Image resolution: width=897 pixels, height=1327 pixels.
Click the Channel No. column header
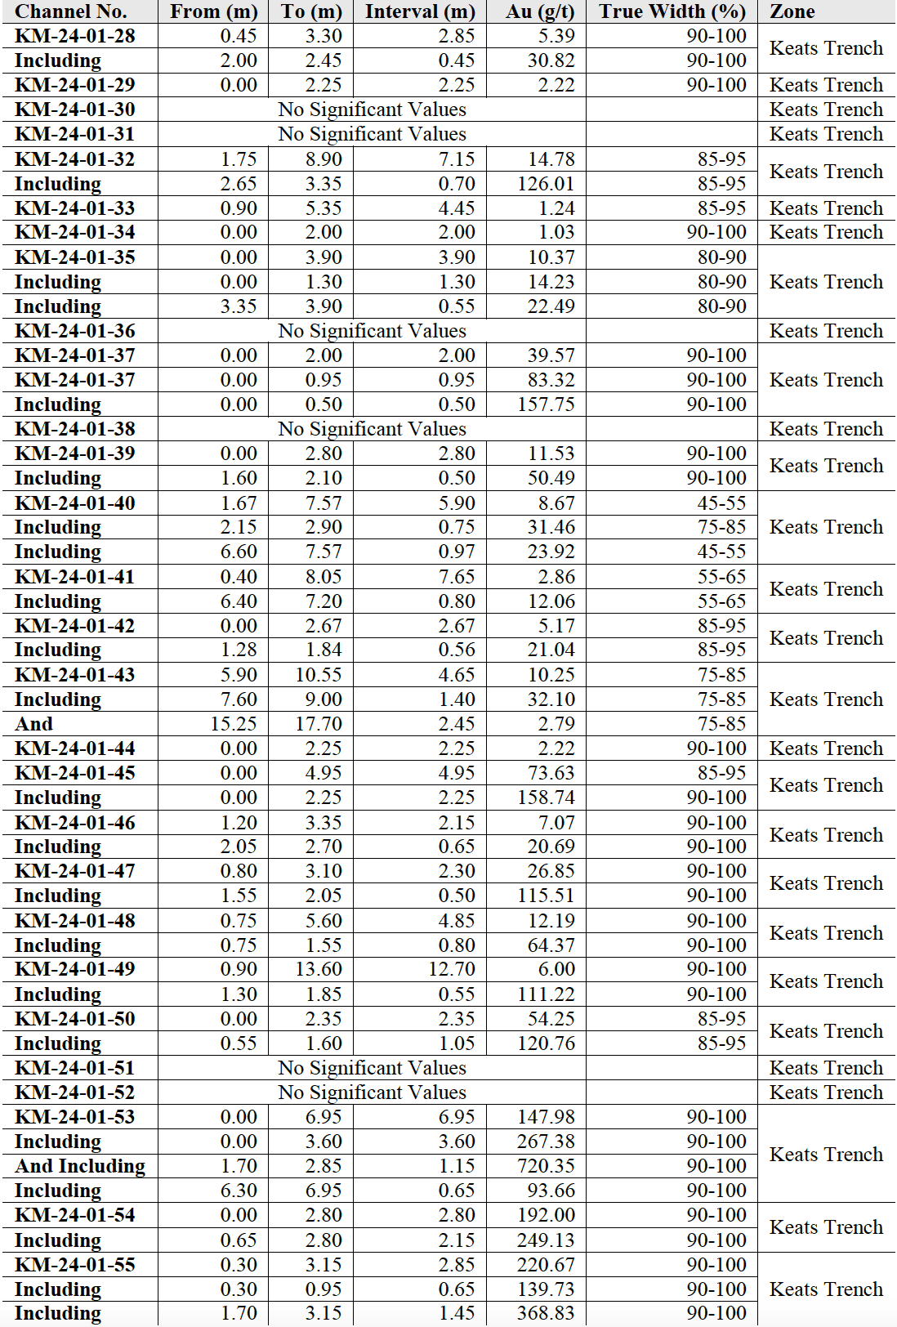[x=71, y=11]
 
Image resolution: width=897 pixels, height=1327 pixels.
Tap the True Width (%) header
[x=672, y=11]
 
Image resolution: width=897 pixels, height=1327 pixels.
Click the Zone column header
[x=792, y=11]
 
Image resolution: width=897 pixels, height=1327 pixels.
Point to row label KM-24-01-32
[x=74, y=159]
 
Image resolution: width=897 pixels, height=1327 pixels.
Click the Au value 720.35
[x=546, y=1166]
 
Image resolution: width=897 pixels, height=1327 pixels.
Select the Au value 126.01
[x=546, y=184]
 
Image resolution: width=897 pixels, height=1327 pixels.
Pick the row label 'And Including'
[x=80, y=1166]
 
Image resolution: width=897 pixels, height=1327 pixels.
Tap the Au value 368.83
[x=546, y=1313]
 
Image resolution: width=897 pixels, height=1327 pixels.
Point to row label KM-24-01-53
[x=74, y=1117]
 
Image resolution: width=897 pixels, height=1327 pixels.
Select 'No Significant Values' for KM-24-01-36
[x=372, y=331]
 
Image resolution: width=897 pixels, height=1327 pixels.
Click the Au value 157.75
[x=546, y=404]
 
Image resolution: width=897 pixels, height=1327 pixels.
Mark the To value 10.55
[x=319, y=675]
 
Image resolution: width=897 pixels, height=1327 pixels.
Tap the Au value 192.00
[x=546, y=1215]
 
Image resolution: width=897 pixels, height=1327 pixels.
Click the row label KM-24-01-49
[x=74, y=969]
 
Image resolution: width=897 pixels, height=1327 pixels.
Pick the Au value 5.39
[x=556, y=36]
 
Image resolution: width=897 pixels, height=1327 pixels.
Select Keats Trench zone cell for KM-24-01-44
[x=826, y=748]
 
